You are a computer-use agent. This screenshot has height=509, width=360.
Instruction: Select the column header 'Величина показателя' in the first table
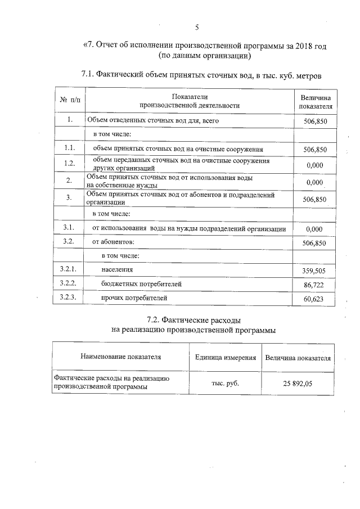[315, 101]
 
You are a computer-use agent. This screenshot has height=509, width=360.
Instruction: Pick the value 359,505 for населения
[314, 271]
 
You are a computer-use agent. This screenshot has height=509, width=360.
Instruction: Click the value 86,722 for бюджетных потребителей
[314, 285]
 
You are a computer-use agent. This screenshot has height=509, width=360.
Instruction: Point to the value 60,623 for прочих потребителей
[314, 299]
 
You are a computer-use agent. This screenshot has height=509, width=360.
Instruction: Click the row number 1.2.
[70, 164]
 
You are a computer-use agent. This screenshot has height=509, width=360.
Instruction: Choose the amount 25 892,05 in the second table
[298, 383]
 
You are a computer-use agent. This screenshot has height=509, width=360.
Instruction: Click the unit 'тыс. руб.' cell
[226, 383]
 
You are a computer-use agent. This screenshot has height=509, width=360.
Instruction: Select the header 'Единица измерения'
[226, 357]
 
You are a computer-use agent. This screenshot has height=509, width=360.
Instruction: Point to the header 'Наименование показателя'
[120, 357]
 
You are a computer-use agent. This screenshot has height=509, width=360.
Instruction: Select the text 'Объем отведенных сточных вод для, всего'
[152, 120]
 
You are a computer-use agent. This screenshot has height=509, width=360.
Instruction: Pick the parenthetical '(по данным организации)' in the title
[205, 56]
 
